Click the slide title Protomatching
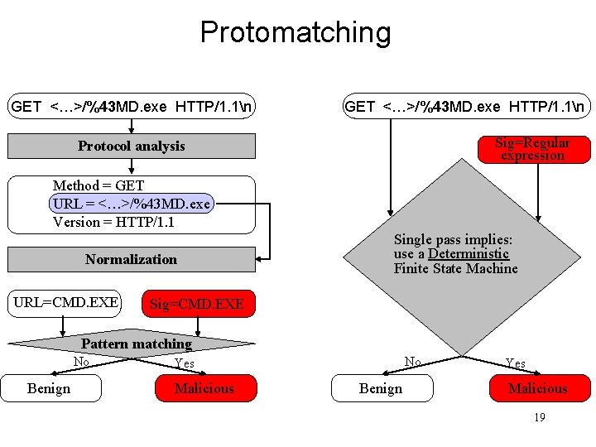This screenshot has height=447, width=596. click(295, 32)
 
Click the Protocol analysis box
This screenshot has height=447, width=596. click(132, 147)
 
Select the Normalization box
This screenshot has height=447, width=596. click(132, 259)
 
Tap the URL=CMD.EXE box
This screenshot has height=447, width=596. click(65, 302)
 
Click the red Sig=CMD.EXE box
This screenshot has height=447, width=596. click(196, 304)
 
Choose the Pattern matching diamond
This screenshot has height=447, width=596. click(136, 344)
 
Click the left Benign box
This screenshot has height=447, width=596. click(50, 388)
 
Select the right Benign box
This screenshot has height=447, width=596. click(382, 388)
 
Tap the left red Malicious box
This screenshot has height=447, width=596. click(204, 388)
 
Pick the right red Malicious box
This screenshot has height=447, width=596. click(538, 388)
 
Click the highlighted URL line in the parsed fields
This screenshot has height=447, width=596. click(132, 204)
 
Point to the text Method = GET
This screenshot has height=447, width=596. click(99, 185)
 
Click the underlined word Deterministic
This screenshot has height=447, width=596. click(468, 253)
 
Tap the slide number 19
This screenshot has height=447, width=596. click(539, 417)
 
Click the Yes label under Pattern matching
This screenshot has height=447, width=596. click(185, 363)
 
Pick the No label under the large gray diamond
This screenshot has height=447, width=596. click(412, 362)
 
